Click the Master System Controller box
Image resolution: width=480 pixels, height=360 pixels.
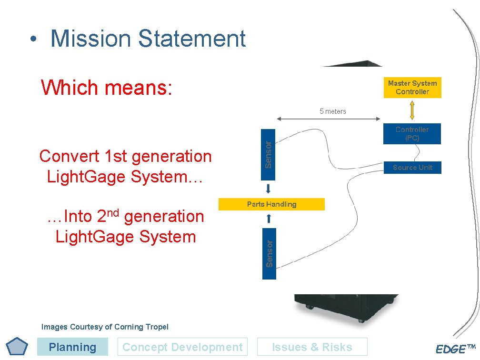412,88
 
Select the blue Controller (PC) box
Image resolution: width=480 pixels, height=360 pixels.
412,134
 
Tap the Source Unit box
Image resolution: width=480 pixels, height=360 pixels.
412,168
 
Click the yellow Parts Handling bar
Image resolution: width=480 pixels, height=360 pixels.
271,204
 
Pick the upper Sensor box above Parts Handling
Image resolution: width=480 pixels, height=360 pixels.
268,154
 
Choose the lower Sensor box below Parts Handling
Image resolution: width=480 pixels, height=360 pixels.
269,253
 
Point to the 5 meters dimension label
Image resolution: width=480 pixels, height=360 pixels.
333,111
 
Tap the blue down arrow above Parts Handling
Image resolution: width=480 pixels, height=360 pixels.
269,189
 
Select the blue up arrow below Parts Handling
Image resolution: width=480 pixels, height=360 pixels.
269,219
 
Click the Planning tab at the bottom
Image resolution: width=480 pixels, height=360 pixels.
72,347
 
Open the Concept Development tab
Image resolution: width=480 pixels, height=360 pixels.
182,347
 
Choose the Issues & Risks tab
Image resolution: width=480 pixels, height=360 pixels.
312,347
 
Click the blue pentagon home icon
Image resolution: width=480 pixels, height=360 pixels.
18,347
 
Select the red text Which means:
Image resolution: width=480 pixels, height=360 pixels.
107,88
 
